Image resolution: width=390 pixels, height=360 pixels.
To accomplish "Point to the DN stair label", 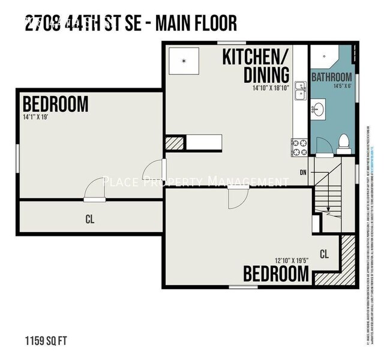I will tap(304, 172).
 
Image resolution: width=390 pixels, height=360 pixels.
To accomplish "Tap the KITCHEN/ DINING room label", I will tap(256, 67).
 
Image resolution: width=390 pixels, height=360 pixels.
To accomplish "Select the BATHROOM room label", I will tap(332, 77).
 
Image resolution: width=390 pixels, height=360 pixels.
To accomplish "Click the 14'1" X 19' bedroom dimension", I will tap(36, 116).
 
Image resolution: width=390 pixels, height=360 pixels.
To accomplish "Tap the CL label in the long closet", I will tap(90, 220).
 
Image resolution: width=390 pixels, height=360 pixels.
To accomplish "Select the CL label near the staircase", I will tap(324, 254).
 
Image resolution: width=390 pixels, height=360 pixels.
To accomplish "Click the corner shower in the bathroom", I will tap(324, 57).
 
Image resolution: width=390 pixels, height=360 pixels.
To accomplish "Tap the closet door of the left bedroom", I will tap(94, 193).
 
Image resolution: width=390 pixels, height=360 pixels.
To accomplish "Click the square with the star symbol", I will tap(184, 61).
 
